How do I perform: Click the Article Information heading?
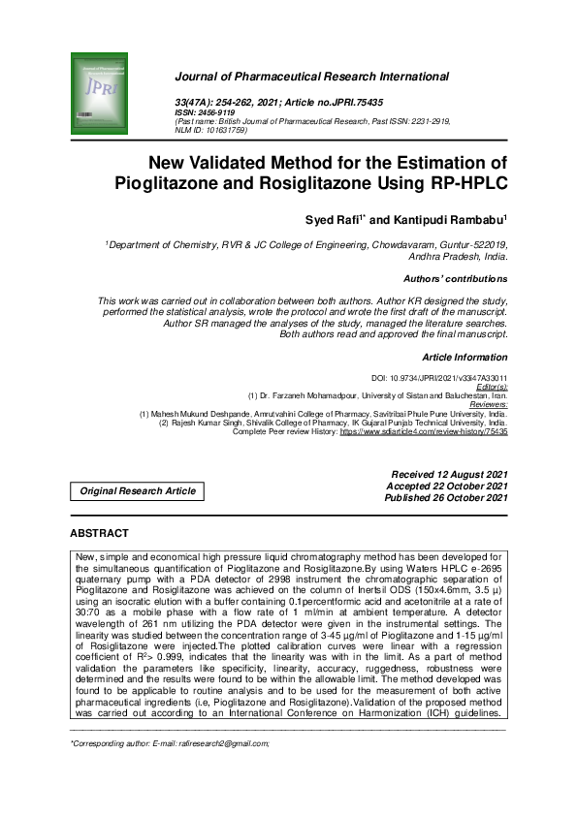click(465, 358)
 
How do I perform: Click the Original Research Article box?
click(138, 491)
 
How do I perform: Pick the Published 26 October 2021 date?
click(446, 498)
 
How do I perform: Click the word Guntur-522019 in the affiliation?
click(468, 246)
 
